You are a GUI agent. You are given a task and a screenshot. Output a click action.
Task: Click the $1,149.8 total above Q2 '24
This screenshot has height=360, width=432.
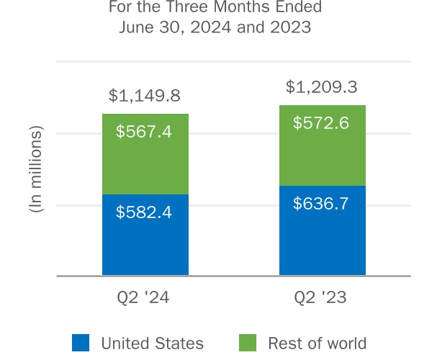pyautogui.click(x=145, y=96)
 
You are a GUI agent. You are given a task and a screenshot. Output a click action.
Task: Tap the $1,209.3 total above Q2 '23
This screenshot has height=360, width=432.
pyautogui.click(x=321, y=87)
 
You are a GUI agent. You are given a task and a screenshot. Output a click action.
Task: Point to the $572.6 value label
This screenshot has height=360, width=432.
pyautogui.click(x=321, y=123)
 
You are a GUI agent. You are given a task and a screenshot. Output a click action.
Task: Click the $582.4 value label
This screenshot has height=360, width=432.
pyautogui.click(x=145, y=212)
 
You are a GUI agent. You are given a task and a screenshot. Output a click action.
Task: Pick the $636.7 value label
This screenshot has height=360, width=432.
pyautogui.click(x=321, y=204)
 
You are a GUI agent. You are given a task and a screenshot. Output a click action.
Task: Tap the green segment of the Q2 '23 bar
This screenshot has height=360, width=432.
pyautogui.click(x=322, y=155)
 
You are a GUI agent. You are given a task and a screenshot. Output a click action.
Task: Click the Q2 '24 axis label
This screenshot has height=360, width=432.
pyautogui.click(x=145, y=297)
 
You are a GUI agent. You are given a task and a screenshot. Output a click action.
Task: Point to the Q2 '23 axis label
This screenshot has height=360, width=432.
pyautogui.click(x=321, y=297)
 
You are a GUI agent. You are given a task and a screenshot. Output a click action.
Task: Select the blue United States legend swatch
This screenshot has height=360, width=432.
pyautogui.click(x=81, y=343)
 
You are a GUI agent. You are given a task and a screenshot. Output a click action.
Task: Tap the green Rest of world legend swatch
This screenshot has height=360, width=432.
pyautogui.click(x=246, y=343)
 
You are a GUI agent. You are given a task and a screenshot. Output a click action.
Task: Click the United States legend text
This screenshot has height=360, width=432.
pyautogui.click(x=152, y=343)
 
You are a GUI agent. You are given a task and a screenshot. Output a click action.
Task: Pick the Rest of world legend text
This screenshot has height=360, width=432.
pyautogui.click(x=317, y=343)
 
